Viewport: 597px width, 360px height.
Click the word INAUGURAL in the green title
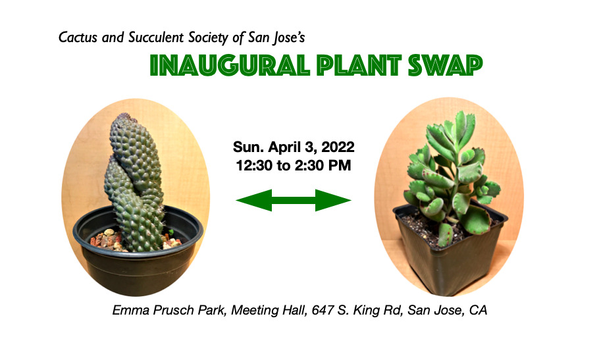(230, 65)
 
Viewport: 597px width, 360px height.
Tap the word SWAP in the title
(445, 65)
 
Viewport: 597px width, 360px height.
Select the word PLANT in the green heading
(359, 65)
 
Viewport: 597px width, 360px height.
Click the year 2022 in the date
(338, 147)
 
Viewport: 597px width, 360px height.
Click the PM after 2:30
(341, 166)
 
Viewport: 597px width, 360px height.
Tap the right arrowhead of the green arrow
(333, 200)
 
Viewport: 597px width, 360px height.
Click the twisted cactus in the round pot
(135, 183)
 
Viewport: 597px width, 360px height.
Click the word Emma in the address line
(130, 311)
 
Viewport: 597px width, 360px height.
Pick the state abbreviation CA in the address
(478, 311)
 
